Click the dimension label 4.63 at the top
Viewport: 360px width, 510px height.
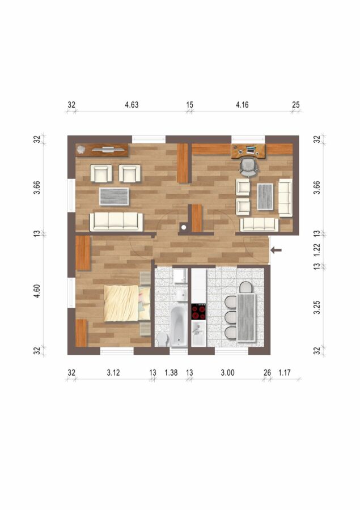tap(132, 105)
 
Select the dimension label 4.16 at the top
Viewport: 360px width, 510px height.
tap(242, 105)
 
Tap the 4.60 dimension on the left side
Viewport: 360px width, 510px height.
tap(37, 291)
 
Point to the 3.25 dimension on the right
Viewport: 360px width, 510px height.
tap(317, 307)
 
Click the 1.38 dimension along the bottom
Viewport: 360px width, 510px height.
tap(171, 373)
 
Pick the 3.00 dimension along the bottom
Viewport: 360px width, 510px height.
tap(227, 373)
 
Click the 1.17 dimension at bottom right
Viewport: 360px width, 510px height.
tap(285, 373)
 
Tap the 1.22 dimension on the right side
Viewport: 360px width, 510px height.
tap(317, 249)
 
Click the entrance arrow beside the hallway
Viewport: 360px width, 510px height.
tap(276, 250)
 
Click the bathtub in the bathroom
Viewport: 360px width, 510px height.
tap(179, 326)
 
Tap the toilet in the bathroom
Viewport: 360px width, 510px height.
tap(162, 339)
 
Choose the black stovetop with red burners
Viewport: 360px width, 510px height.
tap(198, 312)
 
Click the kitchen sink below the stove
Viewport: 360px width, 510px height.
tap(198, 333)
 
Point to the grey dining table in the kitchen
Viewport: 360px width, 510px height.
tap(247, 317)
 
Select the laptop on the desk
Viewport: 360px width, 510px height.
tap(251, 150)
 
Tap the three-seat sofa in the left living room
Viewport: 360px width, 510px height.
tap(116, 222)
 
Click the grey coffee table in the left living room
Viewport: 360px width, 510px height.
tap(114, 197)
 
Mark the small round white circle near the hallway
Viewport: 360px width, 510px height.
tap(184, 227)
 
